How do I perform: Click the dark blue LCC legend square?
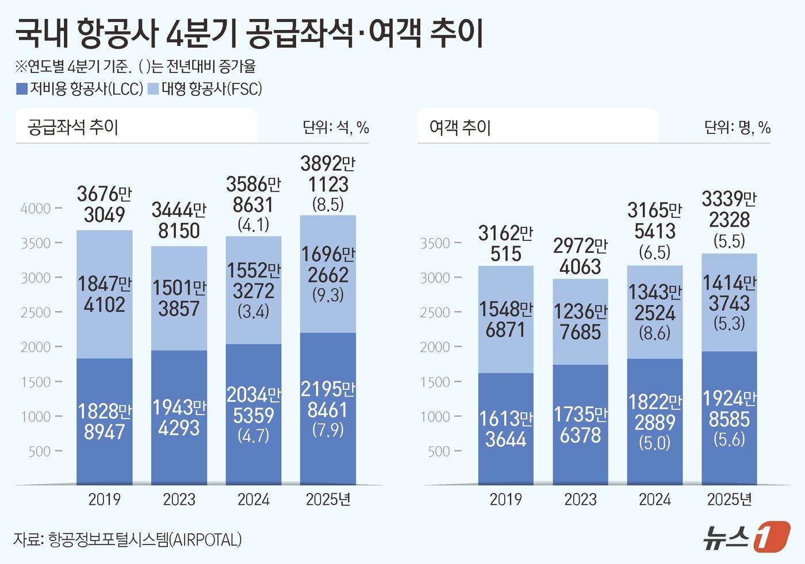(x=21, y=89)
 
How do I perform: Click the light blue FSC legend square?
(x=153, y=89)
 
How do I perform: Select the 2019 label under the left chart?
(x=104, y=499)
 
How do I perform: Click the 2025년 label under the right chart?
(x=729, y=499)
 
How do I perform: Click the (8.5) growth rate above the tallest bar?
(x=328, y=204)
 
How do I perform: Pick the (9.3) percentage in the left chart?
(x=328, y=295)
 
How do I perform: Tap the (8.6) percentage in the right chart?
(x=654, y=333)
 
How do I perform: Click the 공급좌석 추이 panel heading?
(x=72, y=126)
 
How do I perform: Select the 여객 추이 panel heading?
(x=459, y=127)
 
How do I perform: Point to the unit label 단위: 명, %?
(x=737, y=127)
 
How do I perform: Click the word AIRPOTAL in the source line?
(x=205, y=540)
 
